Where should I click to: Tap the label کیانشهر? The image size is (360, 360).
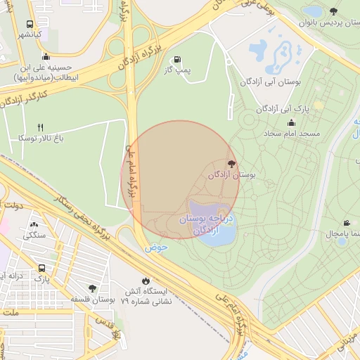click(30, 34)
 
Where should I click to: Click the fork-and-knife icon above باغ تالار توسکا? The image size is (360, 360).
click(41, 127)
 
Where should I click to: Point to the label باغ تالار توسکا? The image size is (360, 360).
click(41, 139)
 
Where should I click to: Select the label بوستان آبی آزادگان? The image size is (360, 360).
click(270, 82)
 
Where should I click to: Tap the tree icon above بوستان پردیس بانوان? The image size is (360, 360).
click(333, 11)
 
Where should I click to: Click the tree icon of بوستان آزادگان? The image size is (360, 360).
click(232, 163)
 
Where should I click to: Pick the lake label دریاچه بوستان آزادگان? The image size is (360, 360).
click(210, 224)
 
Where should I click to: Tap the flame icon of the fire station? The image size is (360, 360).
click(146, 280)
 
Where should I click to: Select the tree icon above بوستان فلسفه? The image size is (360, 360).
click(93, 288)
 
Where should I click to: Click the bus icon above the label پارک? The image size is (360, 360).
click(42, 269)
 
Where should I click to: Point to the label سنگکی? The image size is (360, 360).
click(34, 236)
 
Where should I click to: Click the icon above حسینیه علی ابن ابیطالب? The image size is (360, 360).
click(46, 57)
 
